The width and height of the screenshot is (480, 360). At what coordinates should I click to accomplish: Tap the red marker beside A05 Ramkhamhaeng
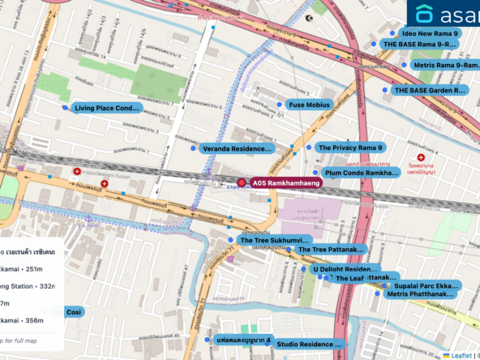[242, 184]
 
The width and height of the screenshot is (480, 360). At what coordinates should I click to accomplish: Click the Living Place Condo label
[107, 108]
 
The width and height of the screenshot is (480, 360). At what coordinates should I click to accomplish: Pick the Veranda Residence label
[236, 149]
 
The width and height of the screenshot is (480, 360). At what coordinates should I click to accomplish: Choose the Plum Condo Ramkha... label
[361, 173]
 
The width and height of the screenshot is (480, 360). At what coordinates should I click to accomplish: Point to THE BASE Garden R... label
[429, 91]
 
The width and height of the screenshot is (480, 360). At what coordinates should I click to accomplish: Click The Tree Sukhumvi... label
[274, 241]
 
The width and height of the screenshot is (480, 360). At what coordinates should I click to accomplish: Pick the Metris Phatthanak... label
[420, 294]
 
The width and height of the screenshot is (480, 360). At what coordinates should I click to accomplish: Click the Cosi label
[74, 312]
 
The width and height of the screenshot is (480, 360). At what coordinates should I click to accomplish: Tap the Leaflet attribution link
[464, 355]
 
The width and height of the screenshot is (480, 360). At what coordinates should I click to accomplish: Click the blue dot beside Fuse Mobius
[280, 105]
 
